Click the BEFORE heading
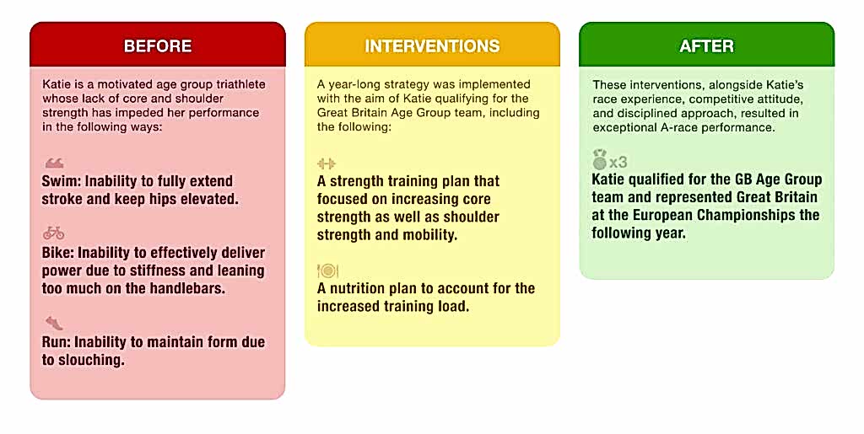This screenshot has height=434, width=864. click(x=158, y=46)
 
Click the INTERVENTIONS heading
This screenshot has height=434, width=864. click(x=432, y=46)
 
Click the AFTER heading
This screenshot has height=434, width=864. click(x=706, y=46)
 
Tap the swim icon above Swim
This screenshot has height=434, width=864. click(x=54, y=163)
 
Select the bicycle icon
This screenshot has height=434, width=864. click(x=54, y=233)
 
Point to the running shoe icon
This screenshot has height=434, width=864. click(x=54, y=323)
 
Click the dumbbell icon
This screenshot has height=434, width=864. click(x=327, y=163)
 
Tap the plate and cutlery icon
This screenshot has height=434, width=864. click(x=327, y=271)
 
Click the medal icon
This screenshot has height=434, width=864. click(x=600, y=160)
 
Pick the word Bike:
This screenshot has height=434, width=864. click(x=57, y=253)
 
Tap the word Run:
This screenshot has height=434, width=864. click(x=56, y=342)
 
